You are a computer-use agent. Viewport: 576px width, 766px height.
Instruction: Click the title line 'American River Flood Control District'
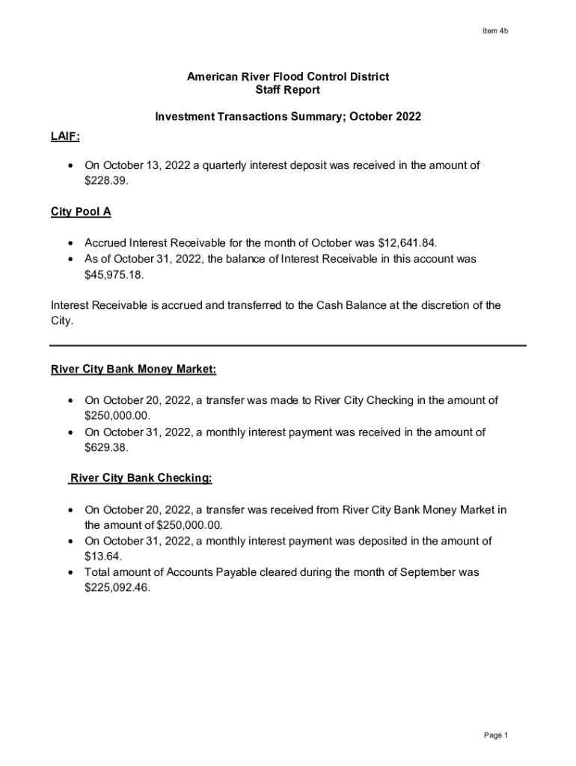pyautogui.click(x=288, y=77)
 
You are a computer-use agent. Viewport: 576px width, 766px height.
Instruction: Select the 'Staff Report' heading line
pyautogui.click(x=288, y=91)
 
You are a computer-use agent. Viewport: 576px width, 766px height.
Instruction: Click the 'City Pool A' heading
pyautogui.click(x=81, y=212)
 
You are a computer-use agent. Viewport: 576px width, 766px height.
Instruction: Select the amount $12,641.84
pyautogui.click(x=408, y=243)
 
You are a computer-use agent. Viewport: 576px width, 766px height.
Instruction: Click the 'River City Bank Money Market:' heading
pyautogui.click(x=134, y=370)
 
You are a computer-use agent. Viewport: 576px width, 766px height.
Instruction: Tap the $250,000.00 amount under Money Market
pyautogui.click(x=117, y=415)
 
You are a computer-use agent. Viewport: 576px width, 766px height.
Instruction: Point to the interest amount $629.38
pyautogui.click(x=106, y=447)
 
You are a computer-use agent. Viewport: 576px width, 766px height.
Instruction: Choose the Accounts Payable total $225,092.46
pyautogui.click(x=117, y=588)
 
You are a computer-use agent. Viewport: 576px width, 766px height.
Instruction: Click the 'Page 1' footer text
pyautogui.click(x=495, y=735)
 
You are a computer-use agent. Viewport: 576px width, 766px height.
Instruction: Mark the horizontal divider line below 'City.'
pyautogui.click(x=288, y=346)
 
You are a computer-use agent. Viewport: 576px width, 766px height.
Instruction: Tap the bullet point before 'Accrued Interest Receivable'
pyautogui.click(x=70, y=244)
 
